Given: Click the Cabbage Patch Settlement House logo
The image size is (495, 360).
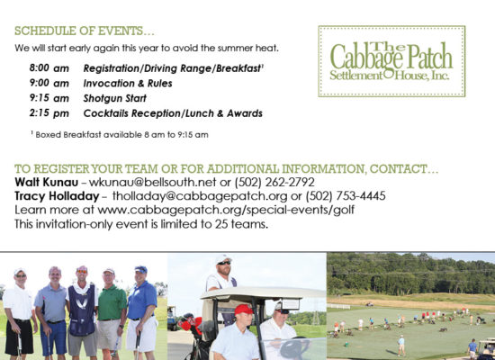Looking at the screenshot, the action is click(391, 61).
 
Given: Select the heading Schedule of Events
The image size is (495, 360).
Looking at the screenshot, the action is click(85, 31).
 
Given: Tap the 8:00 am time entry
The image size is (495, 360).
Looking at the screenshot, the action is click(49, 67).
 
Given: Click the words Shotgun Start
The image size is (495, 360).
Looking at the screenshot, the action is click(115, 98).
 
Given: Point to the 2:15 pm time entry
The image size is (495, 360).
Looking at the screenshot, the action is click(49, 113).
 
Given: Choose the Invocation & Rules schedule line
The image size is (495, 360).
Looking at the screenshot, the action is click(128, 84).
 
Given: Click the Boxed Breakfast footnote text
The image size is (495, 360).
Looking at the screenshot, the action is click(120, 135).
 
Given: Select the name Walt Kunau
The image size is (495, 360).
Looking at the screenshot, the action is click(47, 182).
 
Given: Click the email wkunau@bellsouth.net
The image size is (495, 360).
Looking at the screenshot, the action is click(152, 182).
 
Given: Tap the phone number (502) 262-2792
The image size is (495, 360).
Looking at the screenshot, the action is click(274, 182).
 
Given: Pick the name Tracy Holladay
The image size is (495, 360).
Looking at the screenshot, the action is click(57, 196).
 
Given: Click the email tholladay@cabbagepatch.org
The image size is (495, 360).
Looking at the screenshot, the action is click(200, 196).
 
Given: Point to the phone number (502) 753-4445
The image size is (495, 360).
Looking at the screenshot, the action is click(346, 196).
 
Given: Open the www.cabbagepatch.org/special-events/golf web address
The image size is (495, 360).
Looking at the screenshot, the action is click(226, 210).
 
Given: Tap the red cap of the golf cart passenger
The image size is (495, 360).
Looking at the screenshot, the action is click(243, 310).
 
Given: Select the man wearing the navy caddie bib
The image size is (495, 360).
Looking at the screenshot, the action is click(83, 312).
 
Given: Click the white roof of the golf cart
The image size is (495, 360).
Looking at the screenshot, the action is click(263, 292).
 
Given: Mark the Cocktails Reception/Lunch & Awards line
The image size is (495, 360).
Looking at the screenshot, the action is click(173, 113).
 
